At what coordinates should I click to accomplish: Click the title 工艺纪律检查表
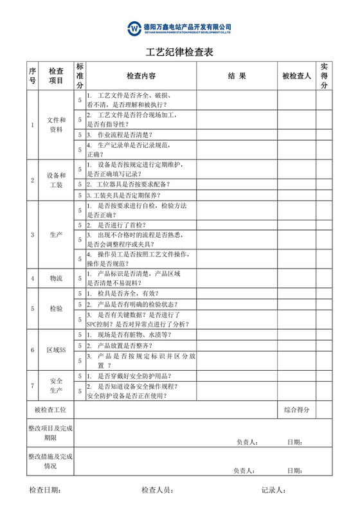179,52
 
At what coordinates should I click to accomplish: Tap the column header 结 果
237,76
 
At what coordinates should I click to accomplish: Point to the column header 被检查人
296,76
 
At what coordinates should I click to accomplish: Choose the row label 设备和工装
56,180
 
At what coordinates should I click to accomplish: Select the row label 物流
56,278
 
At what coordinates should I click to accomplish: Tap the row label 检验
56,309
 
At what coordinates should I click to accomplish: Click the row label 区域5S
56,350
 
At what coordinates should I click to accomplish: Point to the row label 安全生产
56,386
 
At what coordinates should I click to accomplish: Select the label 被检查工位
50,409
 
